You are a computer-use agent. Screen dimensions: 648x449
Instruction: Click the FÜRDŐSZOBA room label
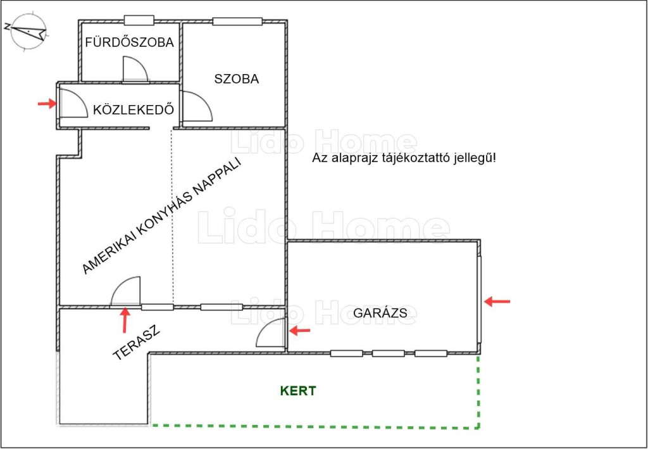[129, 42]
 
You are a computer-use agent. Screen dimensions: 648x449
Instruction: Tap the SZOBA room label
[237, 79]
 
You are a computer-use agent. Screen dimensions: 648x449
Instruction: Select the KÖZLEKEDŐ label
[133, 110]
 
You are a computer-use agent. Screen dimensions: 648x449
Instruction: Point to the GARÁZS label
[380, 313]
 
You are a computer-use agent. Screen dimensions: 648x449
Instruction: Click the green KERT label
[298, 391]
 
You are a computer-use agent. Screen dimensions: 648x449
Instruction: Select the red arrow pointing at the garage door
[497, 301]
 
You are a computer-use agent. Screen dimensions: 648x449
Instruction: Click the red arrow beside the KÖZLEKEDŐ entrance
[47, 103]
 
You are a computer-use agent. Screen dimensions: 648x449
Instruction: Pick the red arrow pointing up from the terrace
[125, 320]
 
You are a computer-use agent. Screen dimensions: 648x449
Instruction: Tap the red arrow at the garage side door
[299, 331]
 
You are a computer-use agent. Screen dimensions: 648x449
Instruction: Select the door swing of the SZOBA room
[197, 106]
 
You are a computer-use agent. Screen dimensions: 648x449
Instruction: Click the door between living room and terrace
[126, 291]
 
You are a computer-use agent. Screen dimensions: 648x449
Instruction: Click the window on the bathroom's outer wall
[139, 20]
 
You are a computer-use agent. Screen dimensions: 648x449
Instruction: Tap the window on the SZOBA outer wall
[238, 21]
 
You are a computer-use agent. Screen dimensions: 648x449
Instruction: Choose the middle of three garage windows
[388, 353]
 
